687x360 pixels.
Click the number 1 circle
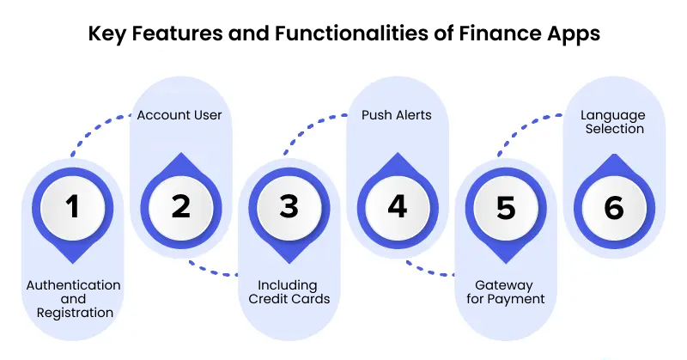click(x=72, y=207)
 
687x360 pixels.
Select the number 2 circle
click(x=180, y=207)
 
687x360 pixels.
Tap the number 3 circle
click(x=289, y=207)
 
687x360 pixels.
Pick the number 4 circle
click(x=397, y=207)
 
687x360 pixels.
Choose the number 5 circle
click(x=505, y=207)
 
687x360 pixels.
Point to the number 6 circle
click(x=613, y=207)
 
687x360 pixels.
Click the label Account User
click(x=180, y=113)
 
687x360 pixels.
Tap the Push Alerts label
click(x=397, y=113)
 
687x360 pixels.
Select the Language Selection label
click(x=612, y=121)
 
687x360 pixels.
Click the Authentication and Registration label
click(x=74, y=299)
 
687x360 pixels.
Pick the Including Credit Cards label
click(x=289, y=292)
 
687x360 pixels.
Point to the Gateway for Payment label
click(x=505, y=292)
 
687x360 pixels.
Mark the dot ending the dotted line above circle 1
click(x=72, y=157)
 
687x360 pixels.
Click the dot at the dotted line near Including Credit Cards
click(x=237, y=275)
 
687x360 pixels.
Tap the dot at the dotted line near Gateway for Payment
click(x=453, y=275)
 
